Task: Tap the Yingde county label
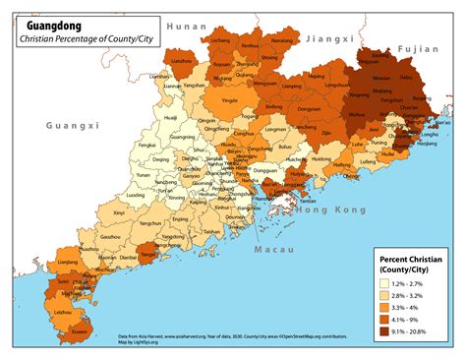230,100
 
